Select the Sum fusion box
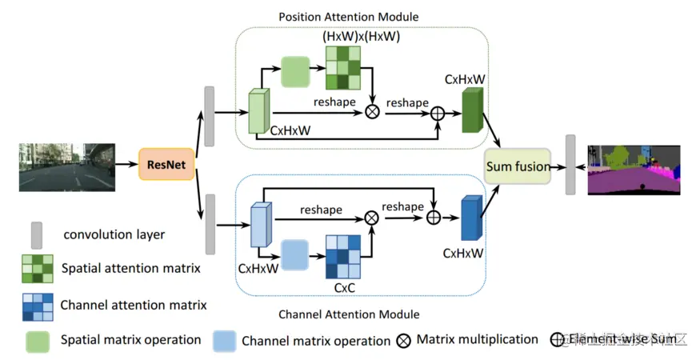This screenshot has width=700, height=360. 518,166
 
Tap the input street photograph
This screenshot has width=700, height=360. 66,166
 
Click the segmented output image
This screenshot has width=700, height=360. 633,170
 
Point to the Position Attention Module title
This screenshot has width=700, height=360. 348,17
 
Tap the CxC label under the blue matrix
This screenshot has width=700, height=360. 344,286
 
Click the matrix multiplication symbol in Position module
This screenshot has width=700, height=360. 372,112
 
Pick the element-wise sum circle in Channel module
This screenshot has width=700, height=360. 434,218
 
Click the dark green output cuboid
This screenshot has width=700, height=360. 474,110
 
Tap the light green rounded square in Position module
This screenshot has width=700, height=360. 296,71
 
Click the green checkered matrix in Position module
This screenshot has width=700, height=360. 342,68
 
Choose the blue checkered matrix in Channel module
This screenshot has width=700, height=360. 343,254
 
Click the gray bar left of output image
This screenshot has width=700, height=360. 570,164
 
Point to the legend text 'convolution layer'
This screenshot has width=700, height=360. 114,235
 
